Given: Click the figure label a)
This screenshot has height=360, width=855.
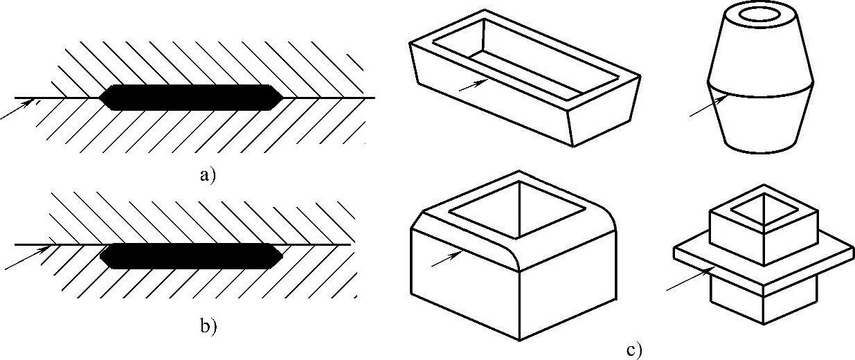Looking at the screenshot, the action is pos(208,175).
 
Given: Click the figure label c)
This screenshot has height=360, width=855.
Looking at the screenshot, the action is pos(634,350).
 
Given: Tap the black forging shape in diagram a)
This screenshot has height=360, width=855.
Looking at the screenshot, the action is pos(191,98).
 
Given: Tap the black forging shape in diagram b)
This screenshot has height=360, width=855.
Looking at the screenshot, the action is pos(191,256).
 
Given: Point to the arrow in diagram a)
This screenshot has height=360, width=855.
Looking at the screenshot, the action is pos(16,109).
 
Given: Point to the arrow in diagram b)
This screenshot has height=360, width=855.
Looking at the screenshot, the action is pos(27,258).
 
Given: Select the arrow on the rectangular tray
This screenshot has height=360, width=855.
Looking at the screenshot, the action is pos(474,85).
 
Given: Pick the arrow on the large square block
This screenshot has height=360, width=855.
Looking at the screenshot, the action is pos(447,259).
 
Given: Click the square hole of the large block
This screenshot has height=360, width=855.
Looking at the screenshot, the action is pos(519,210).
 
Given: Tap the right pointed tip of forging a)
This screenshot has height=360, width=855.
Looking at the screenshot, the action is pos(283,98).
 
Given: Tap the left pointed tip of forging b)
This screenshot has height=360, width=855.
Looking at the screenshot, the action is pos(100,256).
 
